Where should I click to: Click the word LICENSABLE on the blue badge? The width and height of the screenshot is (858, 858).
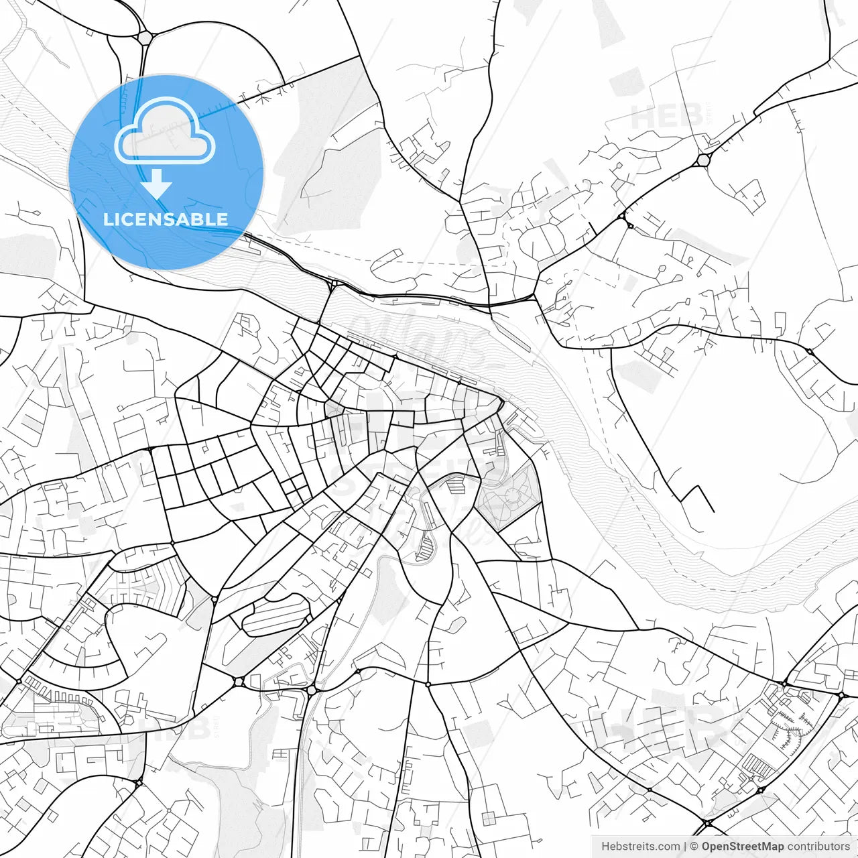pyautogui.click(x=166, y=219)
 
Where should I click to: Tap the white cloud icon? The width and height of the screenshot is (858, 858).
pyautogui.click(x=165, y=132)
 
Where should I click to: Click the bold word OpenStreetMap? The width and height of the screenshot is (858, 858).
pyautogui.click(x=743, y=847)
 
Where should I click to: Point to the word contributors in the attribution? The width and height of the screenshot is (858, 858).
pyautogui.click(x=818, y=847)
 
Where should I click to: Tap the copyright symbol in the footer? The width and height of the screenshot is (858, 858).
pyautogui.click(x=694, y=847)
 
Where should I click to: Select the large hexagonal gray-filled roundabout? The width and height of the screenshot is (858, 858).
pyautogui.click(x=703, y=160)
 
